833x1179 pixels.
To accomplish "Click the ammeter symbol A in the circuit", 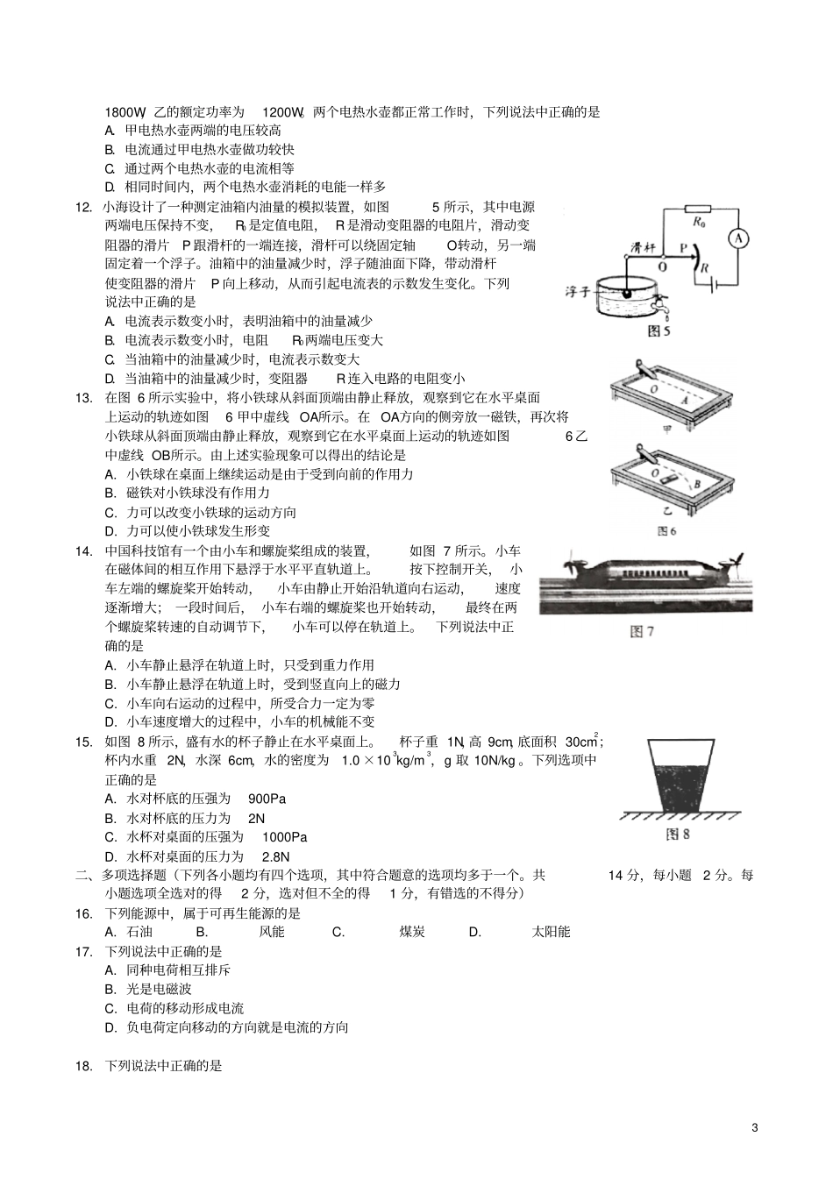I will click(x=738, y=238).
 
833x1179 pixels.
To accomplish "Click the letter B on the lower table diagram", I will click(x=695, y=483).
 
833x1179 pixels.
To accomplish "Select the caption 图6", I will click(x=667, y=531).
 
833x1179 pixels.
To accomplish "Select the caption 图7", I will click(x=643, y=631).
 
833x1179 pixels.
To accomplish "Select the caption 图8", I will click(x=677, y=835).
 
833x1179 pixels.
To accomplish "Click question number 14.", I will click(x=84, y=550).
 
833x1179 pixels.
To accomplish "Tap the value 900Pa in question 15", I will click(x=267, y=799).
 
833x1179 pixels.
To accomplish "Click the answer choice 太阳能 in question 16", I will click(x=551, y=932).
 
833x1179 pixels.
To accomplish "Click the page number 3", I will click(x=754, y=1127).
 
